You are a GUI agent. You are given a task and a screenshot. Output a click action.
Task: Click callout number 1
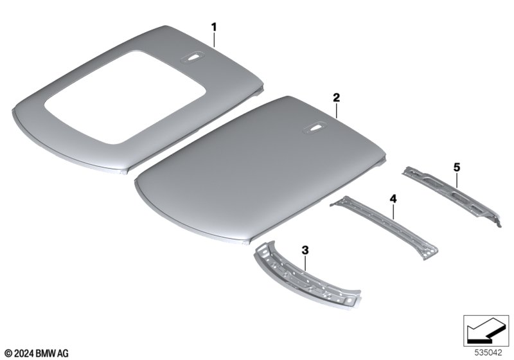pos(214,27)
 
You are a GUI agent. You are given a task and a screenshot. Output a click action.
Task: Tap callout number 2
pos(336,98)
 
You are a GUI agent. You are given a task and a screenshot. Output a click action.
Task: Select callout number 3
pos(305,251)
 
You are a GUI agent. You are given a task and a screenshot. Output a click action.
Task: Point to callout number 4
pos(393,199)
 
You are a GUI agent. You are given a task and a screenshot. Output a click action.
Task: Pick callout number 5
pos(457,167)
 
